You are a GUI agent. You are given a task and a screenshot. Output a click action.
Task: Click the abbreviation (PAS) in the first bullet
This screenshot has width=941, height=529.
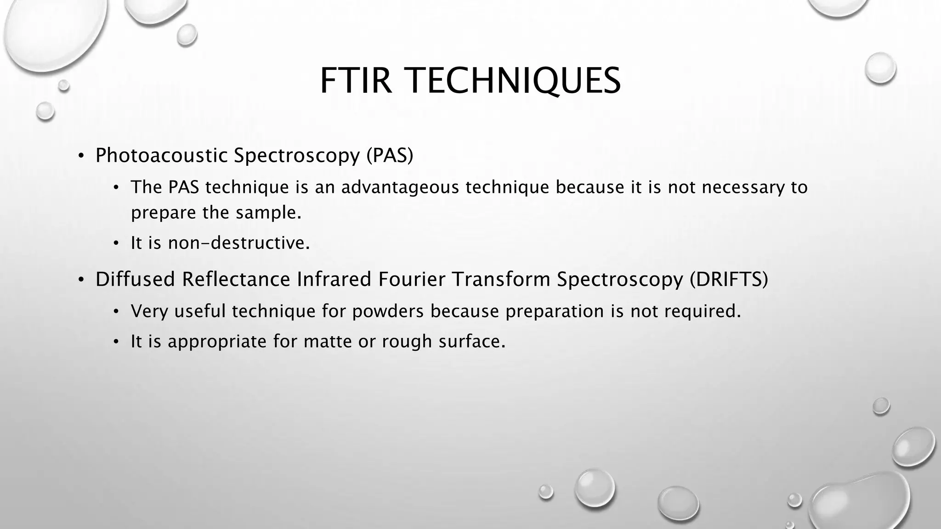pyautogui.click(x=390, y=155)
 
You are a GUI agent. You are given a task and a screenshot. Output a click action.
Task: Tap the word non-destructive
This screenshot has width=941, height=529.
pyautogui.click(x=239, y=243)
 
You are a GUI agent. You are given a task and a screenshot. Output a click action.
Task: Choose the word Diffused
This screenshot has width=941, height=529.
pyautogui.click(x=135, y=279)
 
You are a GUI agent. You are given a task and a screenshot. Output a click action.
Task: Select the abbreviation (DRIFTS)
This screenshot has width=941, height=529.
pyautogui.click(x=728, y=279)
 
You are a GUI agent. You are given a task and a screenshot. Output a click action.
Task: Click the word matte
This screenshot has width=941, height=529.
pyautogui.click(x=328, y=342)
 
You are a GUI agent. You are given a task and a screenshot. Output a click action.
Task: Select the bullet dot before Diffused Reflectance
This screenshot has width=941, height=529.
pyautogui.click(x=81, y=280)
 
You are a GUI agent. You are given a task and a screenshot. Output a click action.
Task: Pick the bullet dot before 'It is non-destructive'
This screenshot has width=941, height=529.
pyautogui.click(x=117, y=243)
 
